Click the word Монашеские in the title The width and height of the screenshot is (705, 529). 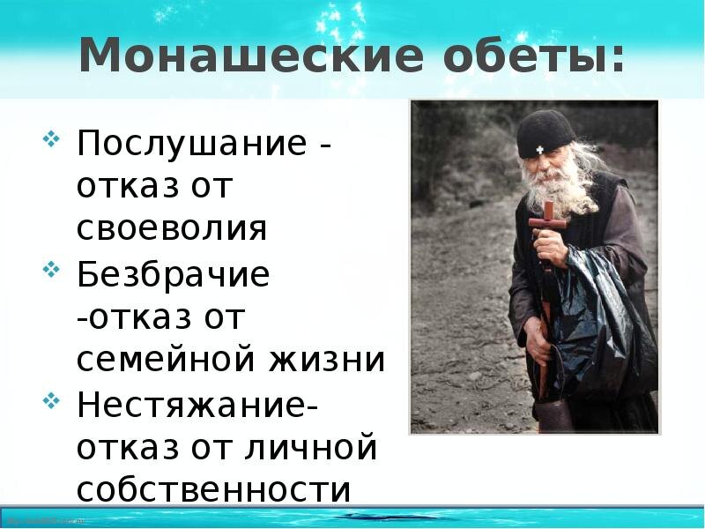(x=251, y=55)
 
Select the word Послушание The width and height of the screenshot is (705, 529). (x=192, y=143)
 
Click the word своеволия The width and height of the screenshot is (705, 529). (x=172, y=228)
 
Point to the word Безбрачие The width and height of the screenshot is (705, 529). (x=173, y=273)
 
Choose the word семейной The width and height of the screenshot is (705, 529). (x=167, y=360)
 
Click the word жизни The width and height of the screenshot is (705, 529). (x=327, y=360)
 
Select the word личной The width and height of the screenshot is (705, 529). (x=311, y=447)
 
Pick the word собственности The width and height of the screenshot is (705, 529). (x=213, y=489)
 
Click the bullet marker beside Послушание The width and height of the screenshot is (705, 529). (x=51, y=139)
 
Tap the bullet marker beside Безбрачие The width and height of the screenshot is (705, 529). (x=51, y=270)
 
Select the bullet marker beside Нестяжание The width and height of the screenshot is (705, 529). (x=51, y=401)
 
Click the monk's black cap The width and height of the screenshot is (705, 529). (x=545, y=133)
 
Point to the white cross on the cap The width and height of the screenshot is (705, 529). (x=540, y=150)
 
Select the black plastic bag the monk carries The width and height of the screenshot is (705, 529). (x=600, y=324)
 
